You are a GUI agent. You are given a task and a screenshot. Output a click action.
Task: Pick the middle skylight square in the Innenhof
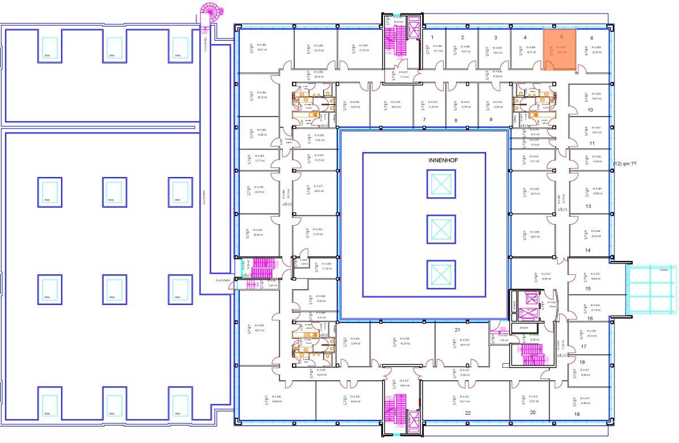pos(440,229)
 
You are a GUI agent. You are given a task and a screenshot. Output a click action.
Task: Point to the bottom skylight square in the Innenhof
pos(440,273)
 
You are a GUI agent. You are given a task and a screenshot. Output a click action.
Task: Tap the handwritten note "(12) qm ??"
pos(624,164)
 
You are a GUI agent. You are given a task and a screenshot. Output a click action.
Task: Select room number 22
pos(468,413)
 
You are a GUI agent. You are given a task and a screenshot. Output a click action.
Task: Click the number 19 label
pos(577,414)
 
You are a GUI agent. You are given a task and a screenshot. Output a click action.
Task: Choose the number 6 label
pos(592,38)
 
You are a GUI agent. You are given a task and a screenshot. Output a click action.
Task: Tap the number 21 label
pos(457,329)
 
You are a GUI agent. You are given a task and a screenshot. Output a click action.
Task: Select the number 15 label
pos(588,289)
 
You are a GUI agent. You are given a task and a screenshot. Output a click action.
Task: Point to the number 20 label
pos(532,412)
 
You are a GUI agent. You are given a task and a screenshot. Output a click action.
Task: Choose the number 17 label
pos(583,346)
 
